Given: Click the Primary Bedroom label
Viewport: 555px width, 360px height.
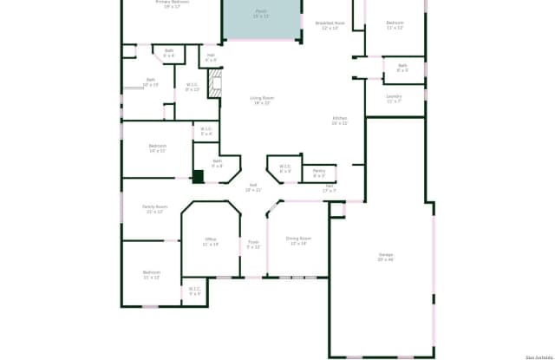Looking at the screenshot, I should (x=173, y=3).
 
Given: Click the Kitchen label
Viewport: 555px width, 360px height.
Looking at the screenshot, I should (x=339, y=121).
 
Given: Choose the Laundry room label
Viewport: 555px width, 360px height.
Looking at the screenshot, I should (x=394, y=98).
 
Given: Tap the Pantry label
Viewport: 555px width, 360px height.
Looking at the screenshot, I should (x=319, y=173).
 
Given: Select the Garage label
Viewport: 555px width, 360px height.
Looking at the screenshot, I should (x=385, y=257).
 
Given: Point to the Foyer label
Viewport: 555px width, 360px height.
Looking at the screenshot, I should (x=253, y=245).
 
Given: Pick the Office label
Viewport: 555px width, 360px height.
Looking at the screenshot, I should (x=210, y=241).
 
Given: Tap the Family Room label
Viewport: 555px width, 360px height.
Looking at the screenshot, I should (x=155, y=208).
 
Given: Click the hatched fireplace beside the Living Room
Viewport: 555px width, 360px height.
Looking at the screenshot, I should (x=218, y=84).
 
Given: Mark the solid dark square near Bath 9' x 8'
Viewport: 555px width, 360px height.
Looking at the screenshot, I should (x=198, y=176).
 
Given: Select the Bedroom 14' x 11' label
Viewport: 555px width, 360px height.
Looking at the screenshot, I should (x=157, y=147).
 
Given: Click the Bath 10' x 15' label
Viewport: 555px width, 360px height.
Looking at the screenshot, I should (x=150, y=82).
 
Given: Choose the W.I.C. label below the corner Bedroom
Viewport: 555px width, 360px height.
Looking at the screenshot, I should (x=194, y=291).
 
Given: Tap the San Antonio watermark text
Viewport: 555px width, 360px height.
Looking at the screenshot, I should (x=537, y=356).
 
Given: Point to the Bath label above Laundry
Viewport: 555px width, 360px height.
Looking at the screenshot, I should (x=402, y=67).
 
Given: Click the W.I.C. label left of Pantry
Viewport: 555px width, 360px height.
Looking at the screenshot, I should (x=284, y=168).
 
